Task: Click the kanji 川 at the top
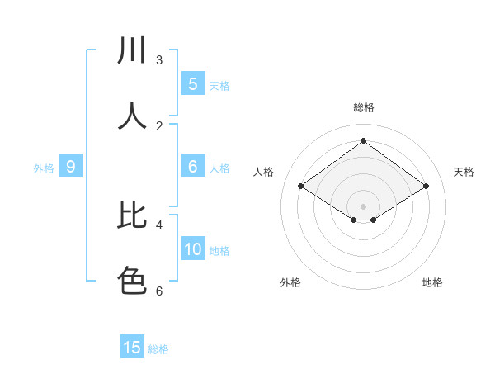(x=132, y=52)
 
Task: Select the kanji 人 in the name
(x=132, y=116)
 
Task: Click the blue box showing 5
(x=193, y=83)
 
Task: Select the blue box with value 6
(x=193, y=167)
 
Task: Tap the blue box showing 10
(x=193, y=249)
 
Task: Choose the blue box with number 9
(x=71, y=167)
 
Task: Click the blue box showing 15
(x=132, y=348)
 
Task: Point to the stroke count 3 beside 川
(x=159, y=60)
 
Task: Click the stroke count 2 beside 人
(x=159, y=125)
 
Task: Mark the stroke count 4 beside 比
(x=159, y=225)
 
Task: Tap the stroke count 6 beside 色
(x=159, y=291)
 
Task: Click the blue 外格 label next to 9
(x=44, y=168)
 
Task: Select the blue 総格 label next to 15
(x=158, y=349)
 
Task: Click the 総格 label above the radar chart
(x=363, y=107)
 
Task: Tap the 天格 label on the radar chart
(x=464, y=172)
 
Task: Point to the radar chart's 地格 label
(x=432, y=282)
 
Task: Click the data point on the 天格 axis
(x=426, y=187)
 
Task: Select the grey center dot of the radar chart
(x=363, y=206)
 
